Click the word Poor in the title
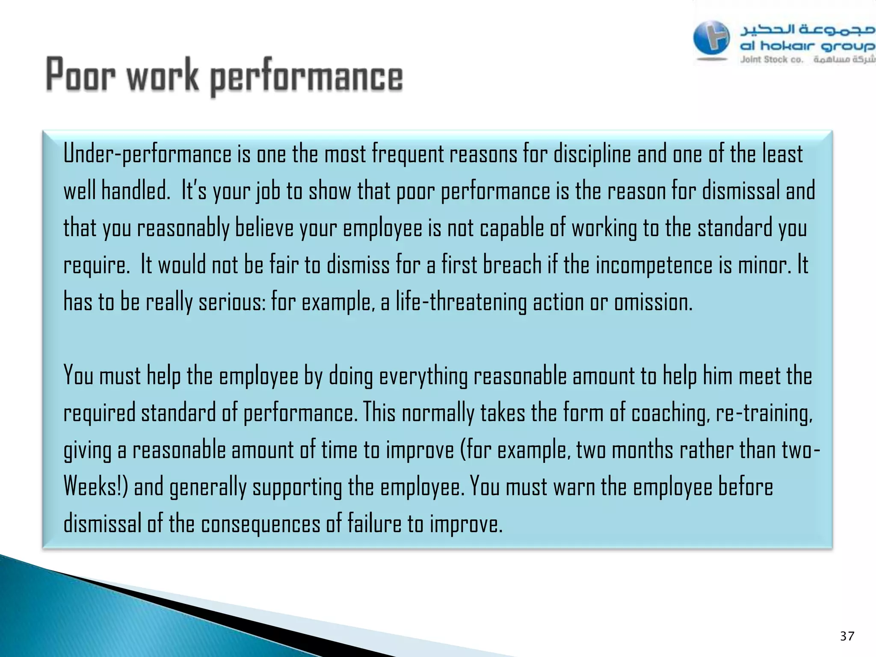tap(80, 75)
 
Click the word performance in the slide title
tap(306, 77)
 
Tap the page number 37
tap(847, 636)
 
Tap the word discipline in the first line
tap(592, 154)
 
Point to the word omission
tap(653, 302)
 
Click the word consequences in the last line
tap(260, 524)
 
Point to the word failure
tap(374, 524)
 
